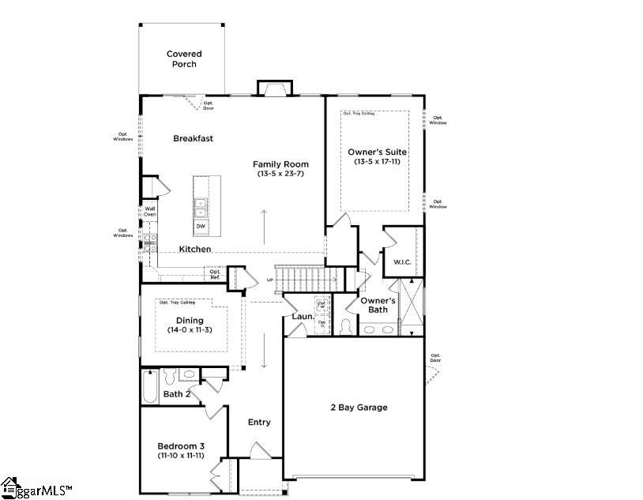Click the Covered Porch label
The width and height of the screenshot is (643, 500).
point(183,58)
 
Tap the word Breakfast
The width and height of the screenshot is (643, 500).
point(194,138)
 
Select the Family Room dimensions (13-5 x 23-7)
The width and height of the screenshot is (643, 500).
point(280,174)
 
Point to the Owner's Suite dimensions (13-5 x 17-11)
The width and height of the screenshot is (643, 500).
point(377,161)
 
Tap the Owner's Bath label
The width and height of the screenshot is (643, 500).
point(378,305)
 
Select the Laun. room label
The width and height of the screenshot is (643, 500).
point(303,317)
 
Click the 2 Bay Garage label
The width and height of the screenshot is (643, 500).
point(359,408)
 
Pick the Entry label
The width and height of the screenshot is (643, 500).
point(259,422)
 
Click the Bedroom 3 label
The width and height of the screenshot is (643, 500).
point(181,445)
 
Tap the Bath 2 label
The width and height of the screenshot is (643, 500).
point(177,393)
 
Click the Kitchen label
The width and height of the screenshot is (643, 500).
point(194,249)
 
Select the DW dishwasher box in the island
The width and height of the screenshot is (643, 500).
point(201,227)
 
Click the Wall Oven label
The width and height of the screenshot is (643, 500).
point(149,212)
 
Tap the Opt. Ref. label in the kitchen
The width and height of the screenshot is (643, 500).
point(214,274)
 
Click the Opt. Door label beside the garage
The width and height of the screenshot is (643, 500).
point(435,359)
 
